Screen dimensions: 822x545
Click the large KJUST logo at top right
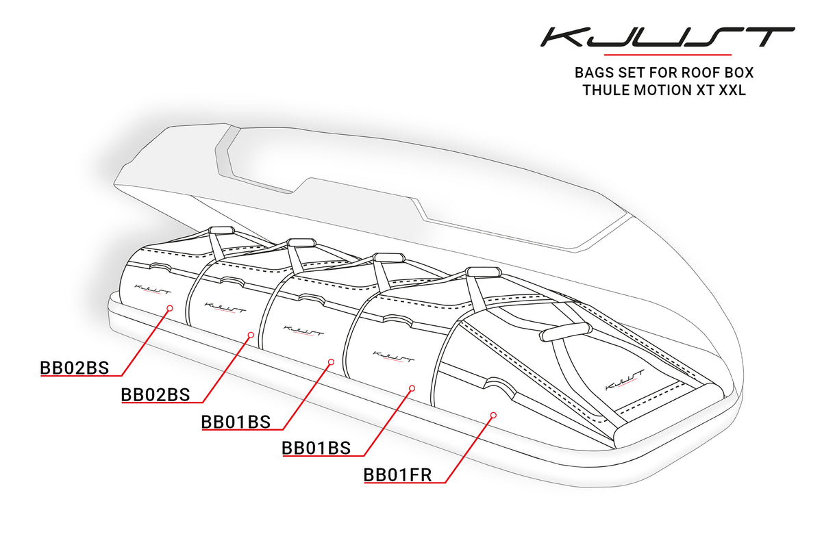point(667,37)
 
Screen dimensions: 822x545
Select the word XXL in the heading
point(732,90)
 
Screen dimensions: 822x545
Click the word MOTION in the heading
point(663,90)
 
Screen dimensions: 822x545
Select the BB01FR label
point(397,475)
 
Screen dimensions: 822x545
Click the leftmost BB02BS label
point(75,368)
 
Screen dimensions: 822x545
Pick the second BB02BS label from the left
point(155,394)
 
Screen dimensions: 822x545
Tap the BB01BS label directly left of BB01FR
point(316,448)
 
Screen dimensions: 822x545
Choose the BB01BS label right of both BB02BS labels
point(236,422)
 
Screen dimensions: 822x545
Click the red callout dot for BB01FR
point(493,415)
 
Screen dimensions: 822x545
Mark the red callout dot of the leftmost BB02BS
point(170,308)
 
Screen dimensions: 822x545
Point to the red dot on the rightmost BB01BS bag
point(412,388)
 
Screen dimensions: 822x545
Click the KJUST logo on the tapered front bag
point(624,379)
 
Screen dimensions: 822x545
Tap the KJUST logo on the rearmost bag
point(153,289)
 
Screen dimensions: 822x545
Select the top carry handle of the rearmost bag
point(222,230)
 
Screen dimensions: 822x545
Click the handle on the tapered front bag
point(562,331)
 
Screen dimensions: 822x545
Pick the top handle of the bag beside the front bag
point(484,272)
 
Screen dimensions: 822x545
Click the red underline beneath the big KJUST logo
point(667,55)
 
